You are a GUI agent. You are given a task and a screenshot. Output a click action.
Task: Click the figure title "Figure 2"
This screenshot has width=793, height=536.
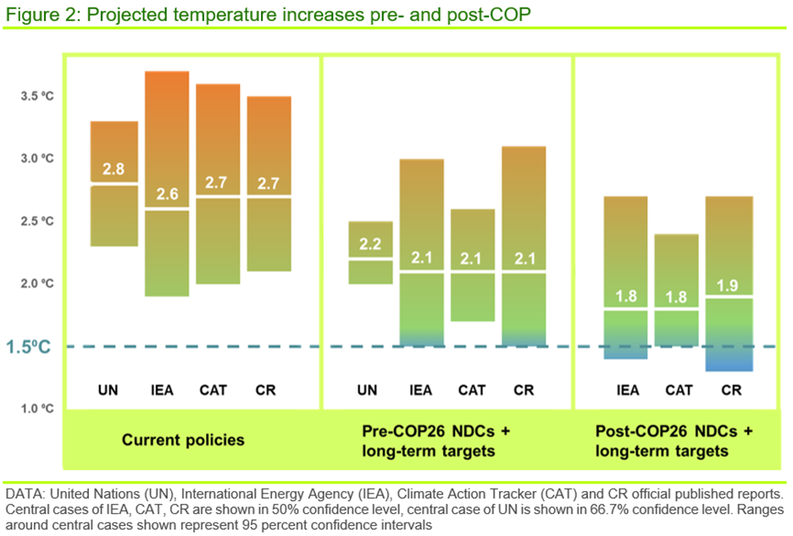point(39,14)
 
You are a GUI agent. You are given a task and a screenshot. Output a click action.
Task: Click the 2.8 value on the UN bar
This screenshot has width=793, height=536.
point(114,169)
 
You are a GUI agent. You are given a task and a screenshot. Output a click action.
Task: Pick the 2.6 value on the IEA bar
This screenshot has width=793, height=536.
point(167,195)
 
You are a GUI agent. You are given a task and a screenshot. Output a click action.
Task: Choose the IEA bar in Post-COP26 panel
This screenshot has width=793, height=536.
point(625,254)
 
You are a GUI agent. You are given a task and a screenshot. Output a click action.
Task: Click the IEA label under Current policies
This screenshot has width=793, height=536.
point(167,390)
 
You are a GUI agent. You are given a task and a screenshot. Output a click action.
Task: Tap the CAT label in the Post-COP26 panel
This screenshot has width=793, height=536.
point(679,390)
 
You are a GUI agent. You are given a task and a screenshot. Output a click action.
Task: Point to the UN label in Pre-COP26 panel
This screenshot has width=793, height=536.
point(367,390)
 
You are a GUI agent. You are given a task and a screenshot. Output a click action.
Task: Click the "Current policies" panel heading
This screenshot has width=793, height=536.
point(183,439)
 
